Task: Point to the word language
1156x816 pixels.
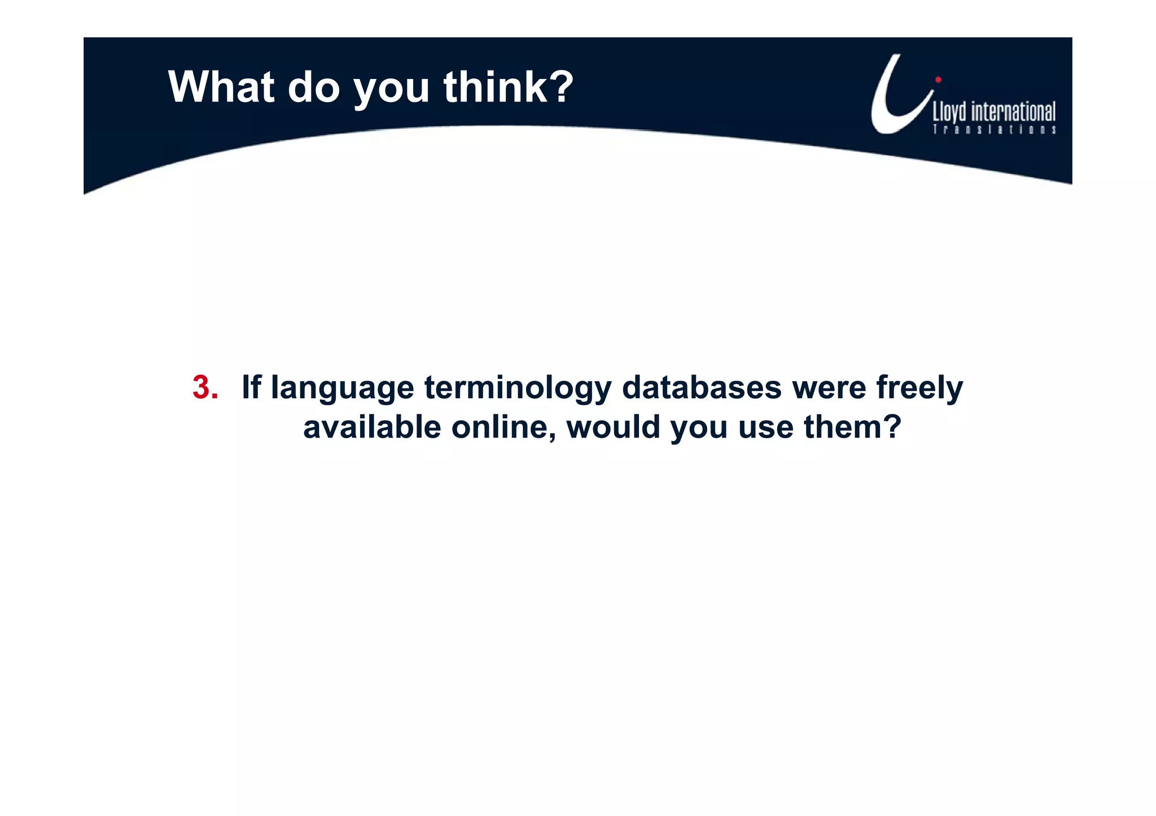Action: [342, 389]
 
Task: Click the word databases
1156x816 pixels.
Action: [702, 387]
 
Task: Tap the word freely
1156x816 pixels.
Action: [919, 389]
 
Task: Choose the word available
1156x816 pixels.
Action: [372, 427]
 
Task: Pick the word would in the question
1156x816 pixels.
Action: [613, 427]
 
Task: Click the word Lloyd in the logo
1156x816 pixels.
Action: [949, 112]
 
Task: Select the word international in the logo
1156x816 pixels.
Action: [1013, 112]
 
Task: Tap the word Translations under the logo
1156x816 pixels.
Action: [994, 130]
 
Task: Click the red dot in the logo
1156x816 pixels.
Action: [938, 80]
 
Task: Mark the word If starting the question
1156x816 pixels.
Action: [251, 387]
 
